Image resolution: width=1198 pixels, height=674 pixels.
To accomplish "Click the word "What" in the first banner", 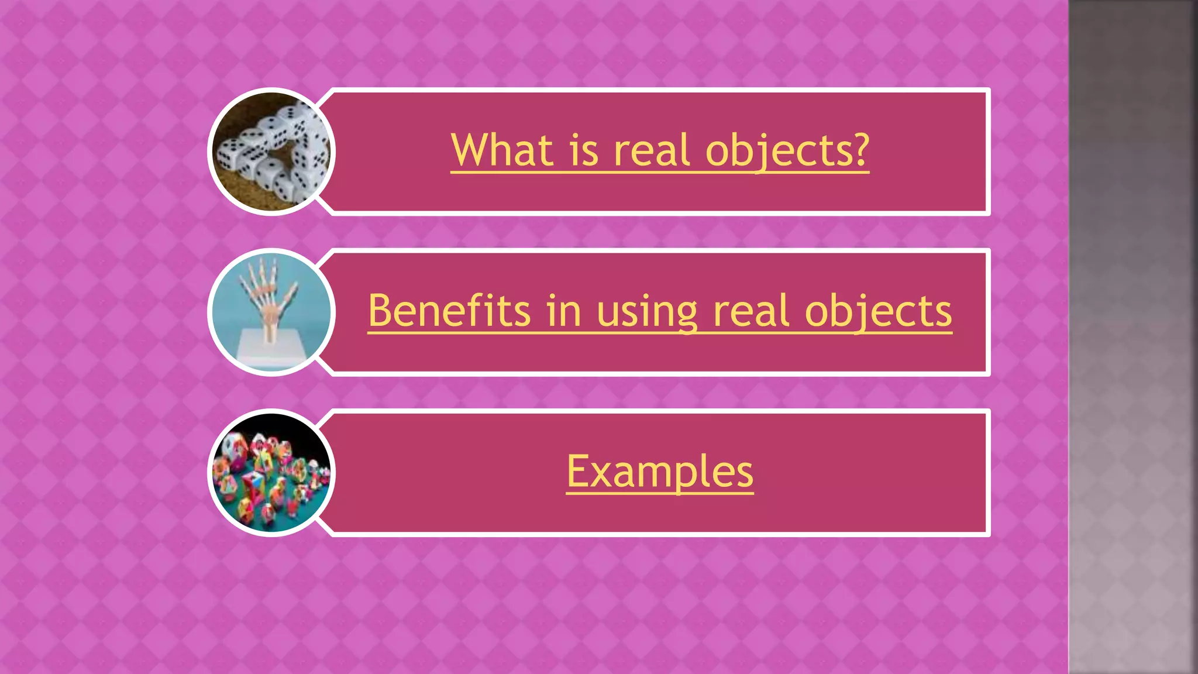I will tap(502, 150).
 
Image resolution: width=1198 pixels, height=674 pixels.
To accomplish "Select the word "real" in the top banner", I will tap(652, 150).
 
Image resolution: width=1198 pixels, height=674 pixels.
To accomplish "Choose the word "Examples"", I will tap(660, 472).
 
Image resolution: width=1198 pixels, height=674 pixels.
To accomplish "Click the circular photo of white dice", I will tap(271, 152).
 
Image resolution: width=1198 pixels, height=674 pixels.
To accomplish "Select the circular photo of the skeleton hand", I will tap(271, 312).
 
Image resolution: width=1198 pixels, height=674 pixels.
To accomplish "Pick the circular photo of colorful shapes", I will tap(271, 473).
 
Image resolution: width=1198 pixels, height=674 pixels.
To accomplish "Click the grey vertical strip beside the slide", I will tap(1132, 337).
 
